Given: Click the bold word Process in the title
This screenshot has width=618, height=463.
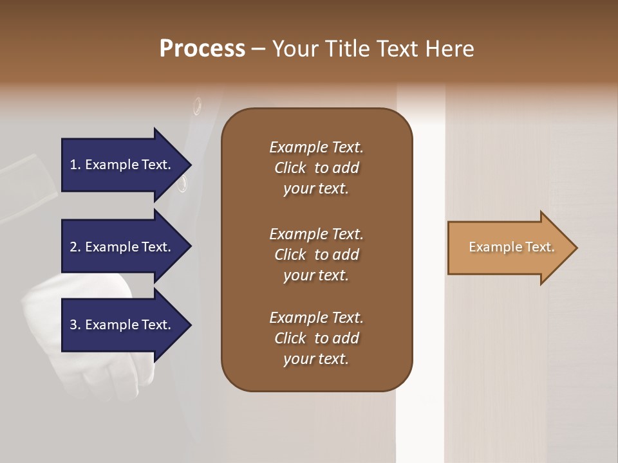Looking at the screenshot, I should pos(202,49).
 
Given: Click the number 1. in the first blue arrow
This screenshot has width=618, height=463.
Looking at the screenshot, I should pos(75,165).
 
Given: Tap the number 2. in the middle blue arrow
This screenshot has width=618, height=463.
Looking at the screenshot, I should pos(75,247).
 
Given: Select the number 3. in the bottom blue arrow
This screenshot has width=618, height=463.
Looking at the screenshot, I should pos(75,325).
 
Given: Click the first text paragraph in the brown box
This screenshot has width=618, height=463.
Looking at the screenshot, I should pos(316,168).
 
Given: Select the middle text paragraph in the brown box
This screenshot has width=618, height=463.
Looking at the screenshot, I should pos(316,255).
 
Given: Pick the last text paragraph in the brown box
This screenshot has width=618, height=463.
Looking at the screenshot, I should pos(316,338).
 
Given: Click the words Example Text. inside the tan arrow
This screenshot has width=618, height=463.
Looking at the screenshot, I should pos(511,247).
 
